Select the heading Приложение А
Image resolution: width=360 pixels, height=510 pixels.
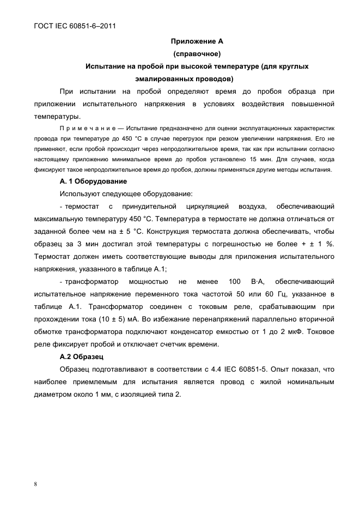click(x=197, y=41)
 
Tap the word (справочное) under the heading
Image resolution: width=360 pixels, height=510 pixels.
click(x=197, y=53)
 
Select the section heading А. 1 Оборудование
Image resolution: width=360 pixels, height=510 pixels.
click(x=93, y=181)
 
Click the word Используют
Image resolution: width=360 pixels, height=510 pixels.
click(x=82, y=193)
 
